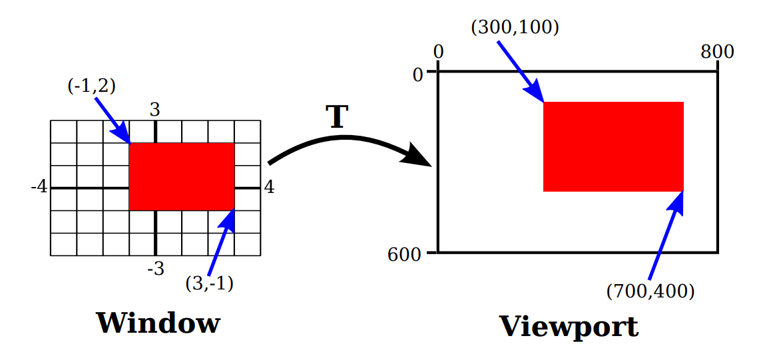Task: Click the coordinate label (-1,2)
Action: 92,86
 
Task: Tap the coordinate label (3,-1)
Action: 209,283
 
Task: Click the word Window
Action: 158,323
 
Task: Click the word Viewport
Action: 569,327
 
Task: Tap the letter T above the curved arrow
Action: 337,117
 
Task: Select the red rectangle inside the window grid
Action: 181,176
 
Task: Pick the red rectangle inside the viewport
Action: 613,146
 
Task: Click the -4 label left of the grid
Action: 39,187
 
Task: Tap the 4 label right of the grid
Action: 269,187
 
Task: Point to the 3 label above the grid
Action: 154,110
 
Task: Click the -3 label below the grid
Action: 154,270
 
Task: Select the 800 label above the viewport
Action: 717,52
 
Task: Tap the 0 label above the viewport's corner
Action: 438,52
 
